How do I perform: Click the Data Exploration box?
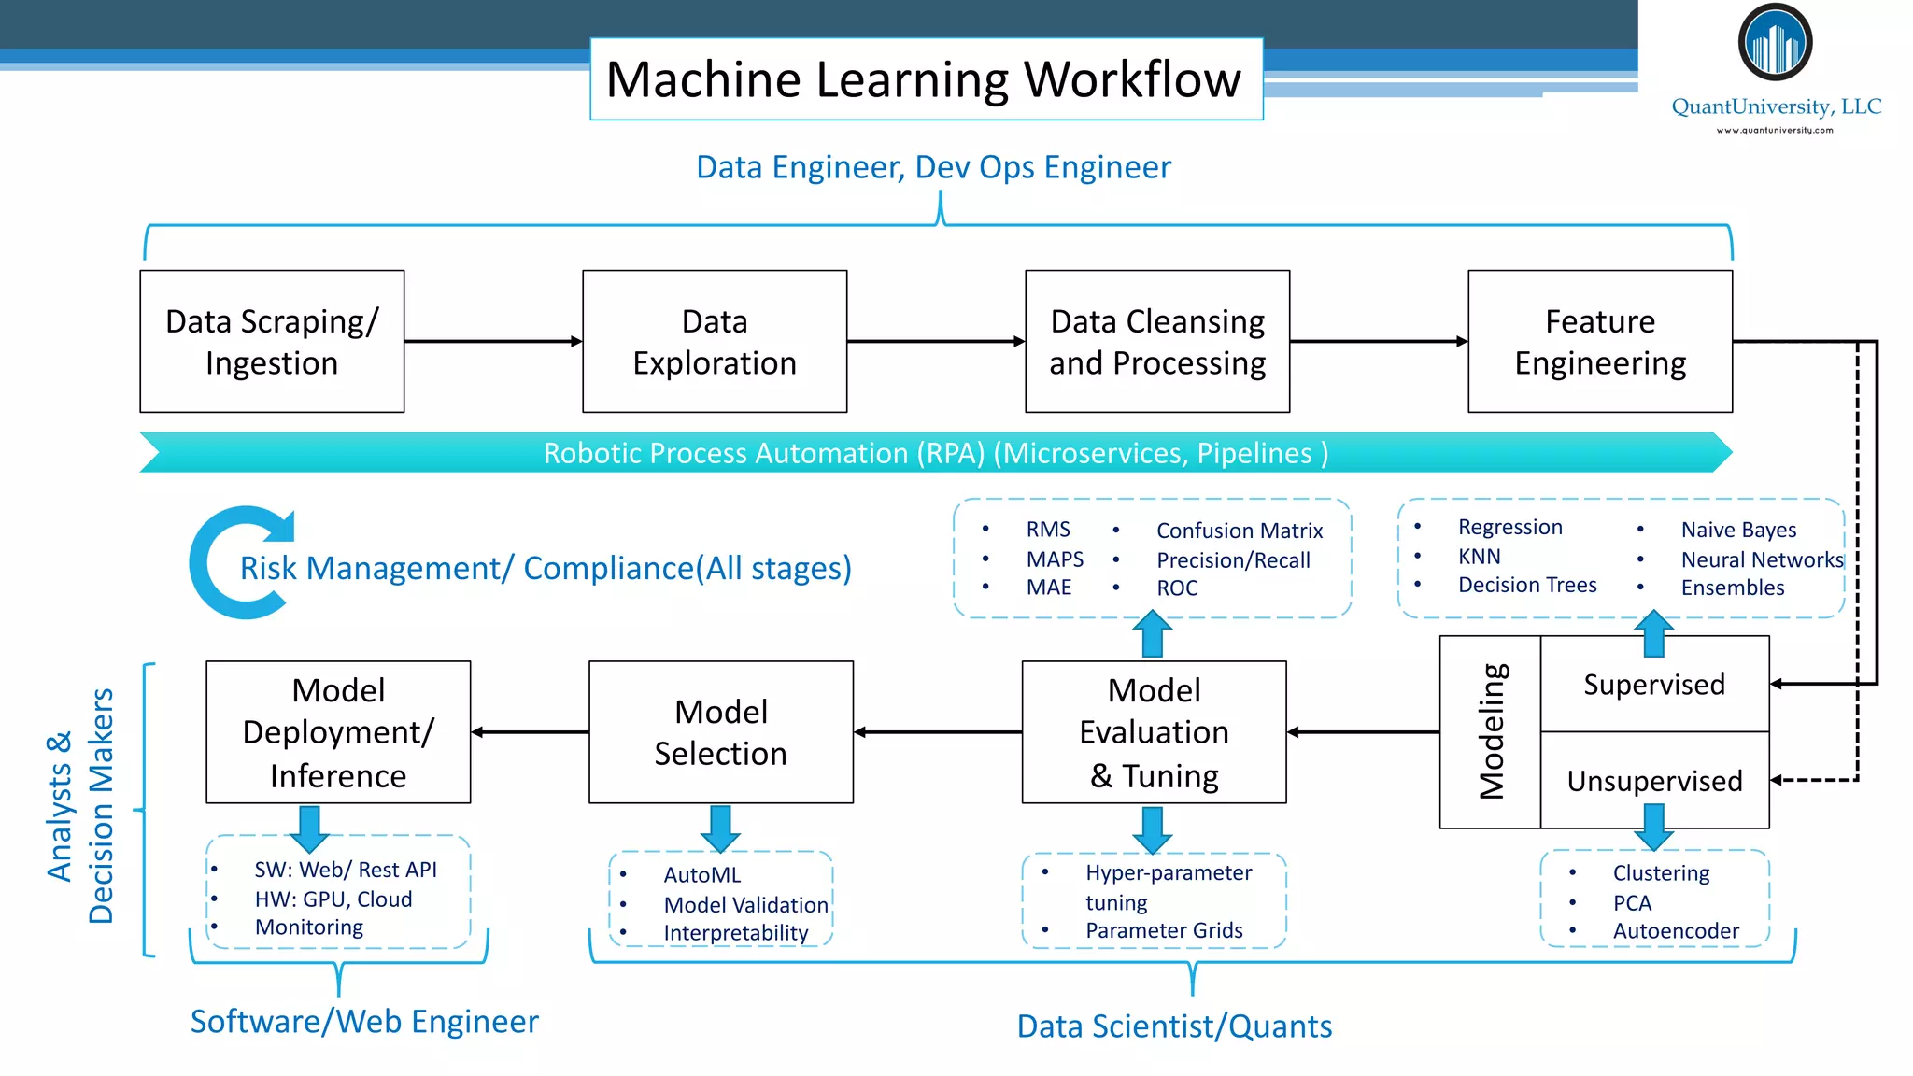tap(715, 342)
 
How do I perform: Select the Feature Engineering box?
tap(1600, 342)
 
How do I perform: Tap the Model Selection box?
tap(720, 732)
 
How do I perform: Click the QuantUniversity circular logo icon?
tap(1775, 43)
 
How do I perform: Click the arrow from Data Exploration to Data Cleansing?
tap(935, 342)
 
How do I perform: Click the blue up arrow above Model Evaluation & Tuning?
tap(1153, 634)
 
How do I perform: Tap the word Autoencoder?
tap(1676, 931)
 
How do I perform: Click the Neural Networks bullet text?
tap(1762, 559)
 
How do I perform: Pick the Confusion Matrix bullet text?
tap(1240, 531)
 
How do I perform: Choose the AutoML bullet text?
tap(702, 875)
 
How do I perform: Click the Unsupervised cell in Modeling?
tap(1654, 781)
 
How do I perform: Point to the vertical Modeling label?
tap(1492, 731)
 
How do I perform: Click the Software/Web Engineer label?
tap(364, 1022)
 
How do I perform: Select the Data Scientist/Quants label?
tap(1174, 1026)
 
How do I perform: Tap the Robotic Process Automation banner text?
tap(935, 453)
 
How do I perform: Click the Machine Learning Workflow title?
tap(924, 79)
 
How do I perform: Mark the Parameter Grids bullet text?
tap(1164, 930)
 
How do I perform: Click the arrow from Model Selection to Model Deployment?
tap(530, 732)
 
